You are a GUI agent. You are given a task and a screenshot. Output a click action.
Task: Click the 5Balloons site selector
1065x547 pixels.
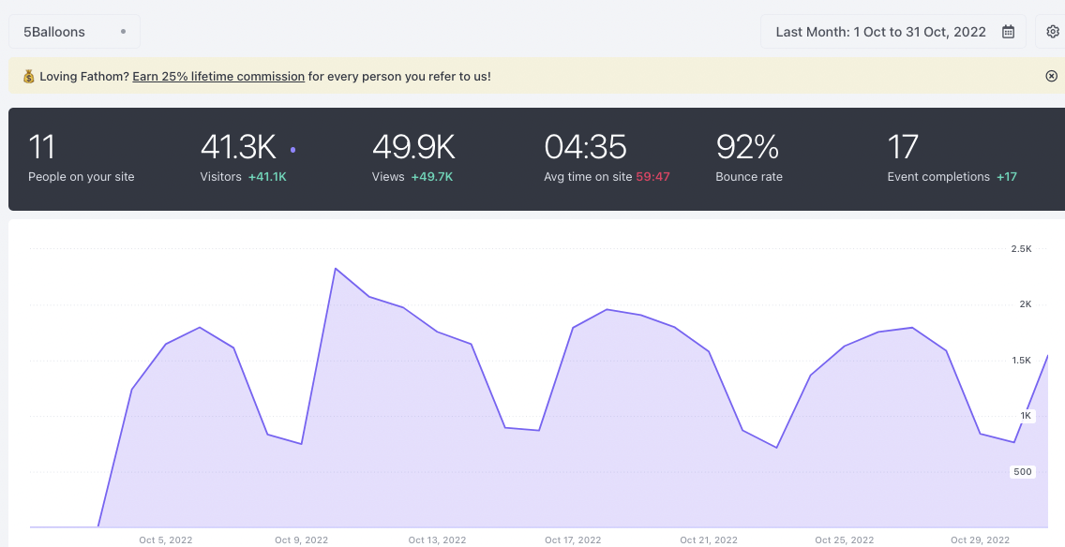(74, 32)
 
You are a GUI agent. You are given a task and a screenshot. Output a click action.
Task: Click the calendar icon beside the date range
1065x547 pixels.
(1008, 32)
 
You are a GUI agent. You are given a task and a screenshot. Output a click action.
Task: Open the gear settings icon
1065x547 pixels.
(1052, 32)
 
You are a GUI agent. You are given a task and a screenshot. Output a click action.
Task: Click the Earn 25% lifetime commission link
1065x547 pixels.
(218, 76)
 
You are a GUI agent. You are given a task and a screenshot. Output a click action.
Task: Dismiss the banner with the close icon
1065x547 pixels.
(1051, 76)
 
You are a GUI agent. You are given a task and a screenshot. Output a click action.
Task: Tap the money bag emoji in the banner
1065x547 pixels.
(28, 76)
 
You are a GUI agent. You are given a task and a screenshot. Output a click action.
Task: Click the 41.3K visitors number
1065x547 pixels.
(238, 147)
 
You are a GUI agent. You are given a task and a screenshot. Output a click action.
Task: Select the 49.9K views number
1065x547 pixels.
(413, 147)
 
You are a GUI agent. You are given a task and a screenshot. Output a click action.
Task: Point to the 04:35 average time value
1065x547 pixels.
(585, 147)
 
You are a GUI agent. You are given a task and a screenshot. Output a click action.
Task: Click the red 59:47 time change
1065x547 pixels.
(652, 176)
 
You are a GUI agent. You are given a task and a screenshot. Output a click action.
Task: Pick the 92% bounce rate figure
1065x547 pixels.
(747, 147)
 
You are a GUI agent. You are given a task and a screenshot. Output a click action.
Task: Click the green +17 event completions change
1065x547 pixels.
(1007, 176)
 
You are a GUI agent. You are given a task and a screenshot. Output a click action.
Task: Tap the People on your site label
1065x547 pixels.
(82, 176)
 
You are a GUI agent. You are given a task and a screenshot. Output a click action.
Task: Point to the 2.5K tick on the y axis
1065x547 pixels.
(1021, 249)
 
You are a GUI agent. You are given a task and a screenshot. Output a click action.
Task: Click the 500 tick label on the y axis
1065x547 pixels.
(1023, 472)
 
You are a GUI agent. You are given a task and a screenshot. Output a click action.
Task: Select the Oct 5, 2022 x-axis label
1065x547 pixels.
(166, 540)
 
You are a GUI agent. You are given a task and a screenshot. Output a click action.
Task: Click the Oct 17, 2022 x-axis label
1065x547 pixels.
(573, 540)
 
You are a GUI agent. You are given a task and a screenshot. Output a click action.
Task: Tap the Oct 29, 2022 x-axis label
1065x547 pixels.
(980, 540)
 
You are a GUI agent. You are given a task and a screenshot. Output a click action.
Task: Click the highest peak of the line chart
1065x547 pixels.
(336, 269)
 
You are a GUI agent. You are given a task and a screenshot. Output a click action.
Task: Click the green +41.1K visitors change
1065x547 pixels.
(267, 176)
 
